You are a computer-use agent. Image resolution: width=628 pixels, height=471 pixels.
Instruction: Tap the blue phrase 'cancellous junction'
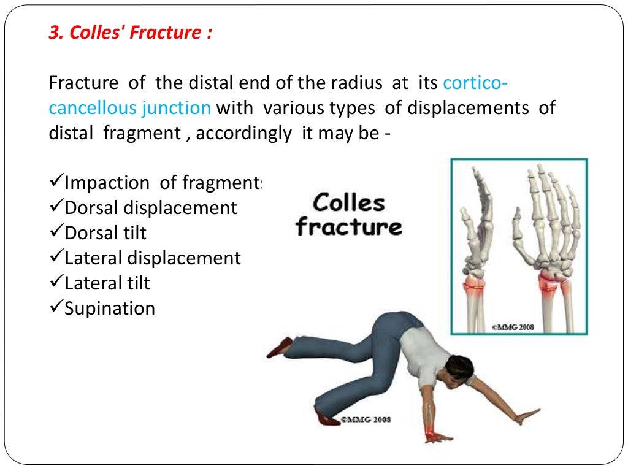[x=129, y=108]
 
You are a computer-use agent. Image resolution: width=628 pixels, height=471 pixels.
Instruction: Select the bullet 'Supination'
[x=110, y=308]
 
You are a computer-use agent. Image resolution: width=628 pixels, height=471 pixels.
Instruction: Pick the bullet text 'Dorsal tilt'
[x=105, y=233]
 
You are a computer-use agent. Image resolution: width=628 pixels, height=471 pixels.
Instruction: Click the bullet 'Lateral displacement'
[x=153, y=258]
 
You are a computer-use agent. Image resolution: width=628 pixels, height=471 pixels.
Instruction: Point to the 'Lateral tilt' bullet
[x=107, y=283]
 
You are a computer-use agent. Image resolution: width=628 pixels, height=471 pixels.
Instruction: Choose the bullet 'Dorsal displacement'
[x=150, y=208]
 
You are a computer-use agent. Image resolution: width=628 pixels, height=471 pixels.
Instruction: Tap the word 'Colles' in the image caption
[x=348, y=203]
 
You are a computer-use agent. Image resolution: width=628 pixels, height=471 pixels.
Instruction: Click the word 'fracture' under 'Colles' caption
[x=348, y=228]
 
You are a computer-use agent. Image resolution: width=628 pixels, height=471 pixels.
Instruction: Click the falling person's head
[x=459, y=369]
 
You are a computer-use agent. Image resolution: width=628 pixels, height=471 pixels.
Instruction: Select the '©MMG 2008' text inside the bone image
[x=512, y=327]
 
